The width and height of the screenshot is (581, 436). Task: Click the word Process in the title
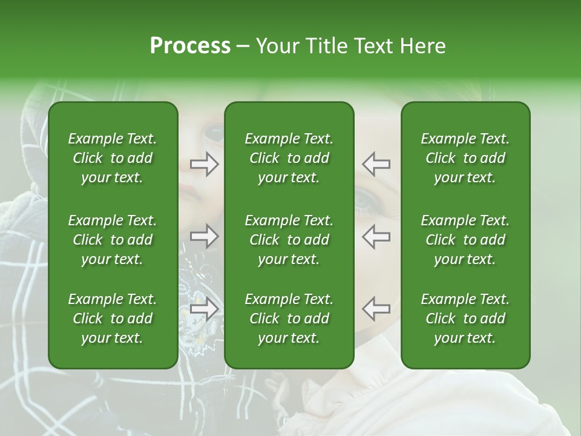190,46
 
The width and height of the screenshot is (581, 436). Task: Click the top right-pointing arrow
204,164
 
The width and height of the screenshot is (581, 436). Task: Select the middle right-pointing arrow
204,236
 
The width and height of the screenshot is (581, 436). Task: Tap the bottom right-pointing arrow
204,309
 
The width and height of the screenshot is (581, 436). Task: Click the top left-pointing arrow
376,164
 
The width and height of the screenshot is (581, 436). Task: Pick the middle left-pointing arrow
376,236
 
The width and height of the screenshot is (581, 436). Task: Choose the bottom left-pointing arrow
376,309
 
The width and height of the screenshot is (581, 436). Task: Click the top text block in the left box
113,158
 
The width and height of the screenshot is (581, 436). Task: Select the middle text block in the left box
113,240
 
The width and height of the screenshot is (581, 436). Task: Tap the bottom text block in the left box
113,319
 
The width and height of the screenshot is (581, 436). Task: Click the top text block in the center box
289,158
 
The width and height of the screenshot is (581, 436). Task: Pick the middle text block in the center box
289,240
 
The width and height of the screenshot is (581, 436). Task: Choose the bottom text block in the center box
289,319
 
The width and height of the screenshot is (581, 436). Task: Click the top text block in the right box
465,158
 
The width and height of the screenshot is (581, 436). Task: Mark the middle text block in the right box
465,240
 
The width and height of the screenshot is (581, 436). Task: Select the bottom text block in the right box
465,319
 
